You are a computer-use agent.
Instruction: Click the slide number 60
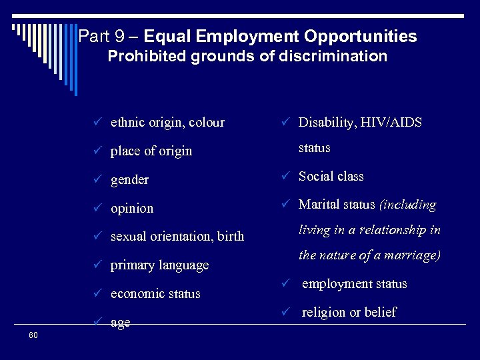tap(33, 335)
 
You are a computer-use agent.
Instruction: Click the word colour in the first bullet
tap(207, 123)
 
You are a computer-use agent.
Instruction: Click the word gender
tap(129, 180)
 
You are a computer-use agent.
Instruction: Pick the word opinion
tap(132, 209)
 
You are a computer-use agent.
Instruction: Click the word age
tap(120, 323)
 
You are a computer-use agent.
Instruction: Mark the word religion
tap(325, 312)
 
